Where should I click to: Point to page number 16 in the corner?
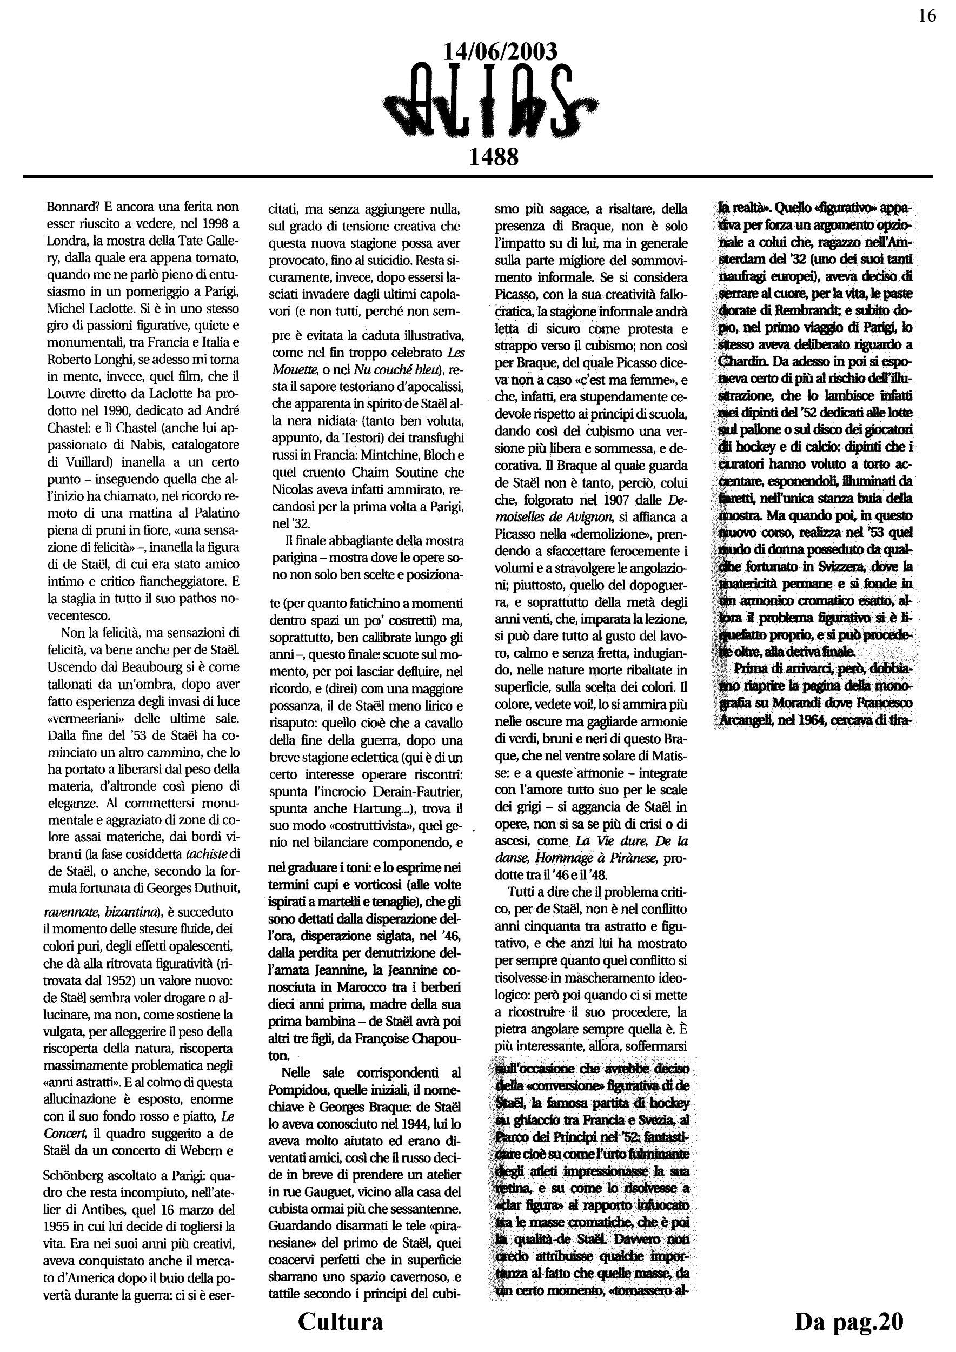pos(927,16)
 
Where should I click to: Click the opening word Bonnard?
pos(73,207)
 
